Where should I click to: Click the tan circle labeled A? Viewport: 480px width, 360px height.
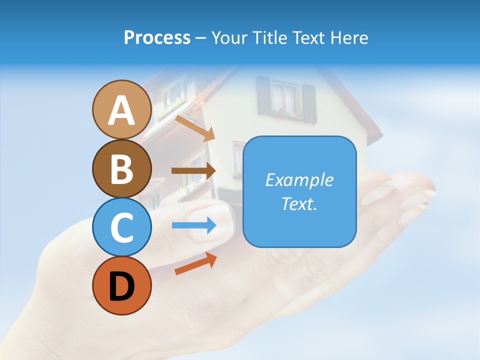tap(122, 110)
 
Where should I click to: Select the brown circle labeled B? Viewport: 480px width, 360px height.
tap(122, 169)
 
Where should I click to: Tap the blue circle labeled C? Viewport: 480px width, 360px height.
tap(122, 227)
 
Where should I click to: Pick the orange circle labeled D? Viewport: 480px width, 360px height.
tap(122, 286)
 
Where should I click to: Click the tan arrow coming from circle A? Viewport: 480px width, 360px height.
tap(194, 128)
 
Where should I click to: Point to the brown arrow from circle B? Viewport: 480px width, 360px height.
tap(193, 171)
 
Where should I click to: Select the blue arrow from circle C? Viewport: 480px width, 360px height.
tap(194, 225)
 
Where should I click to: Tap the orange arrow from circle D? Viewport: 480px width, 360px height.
tap(195, 263)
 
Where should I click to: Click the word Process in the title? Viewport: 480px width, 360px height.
tap(157, 38)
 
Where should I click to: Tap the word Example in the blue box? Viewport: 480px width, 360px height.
tap(299, 180)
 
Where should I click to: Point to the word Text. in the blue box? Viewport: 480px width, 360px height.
tap(299, 203)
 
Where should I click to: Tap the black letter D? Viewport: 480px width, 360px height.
tap(122, 286)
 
